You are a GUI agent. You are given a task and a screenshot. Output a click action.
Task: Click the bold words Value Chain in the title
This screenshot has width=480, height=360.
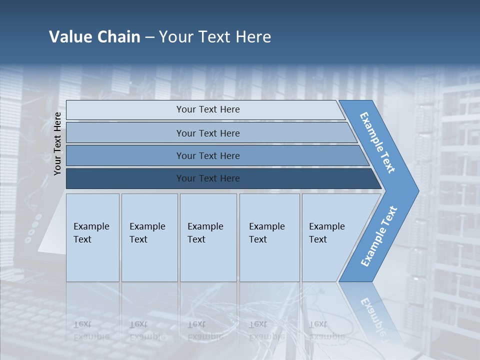pyautogui.click(x=94, y=36)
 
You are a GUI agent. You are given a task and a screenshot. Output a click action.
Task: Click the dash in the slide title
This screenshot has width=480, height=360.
pyautogui.click(x=149, y=37)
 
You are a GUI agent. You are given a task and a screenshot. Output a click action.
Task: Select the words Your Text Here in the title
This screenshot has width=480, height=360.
pyautogui.click(x=215, y=36)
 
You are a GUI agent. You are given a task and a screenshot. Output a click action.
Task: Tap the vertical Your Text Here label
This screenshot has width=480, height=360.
pyautogui.click(x=57, y=143)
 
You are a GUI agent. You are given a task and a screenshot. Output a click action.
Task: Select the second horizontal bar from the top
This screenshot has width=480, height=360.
pyautogui.click(x=207, y=133)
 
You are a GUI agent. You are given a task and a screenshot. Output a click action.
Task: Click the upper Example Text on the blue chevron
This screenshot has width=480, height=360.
pyautogui.click(x=377, y=142)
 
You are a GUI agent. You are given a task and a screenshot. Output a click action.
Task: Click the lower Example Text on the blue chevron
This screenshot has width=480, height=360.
pyautogui.click(x=378, y=236)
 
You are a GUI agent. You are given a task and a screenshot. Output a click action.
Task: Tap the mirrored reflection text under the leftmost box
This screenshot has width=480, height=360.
pyautogui.click(x=91, y=330)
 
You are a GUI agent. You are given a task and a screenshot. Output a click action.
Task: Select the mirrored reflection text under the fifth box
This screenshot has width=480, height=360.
pyautogui.click(x=326, y=330)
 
